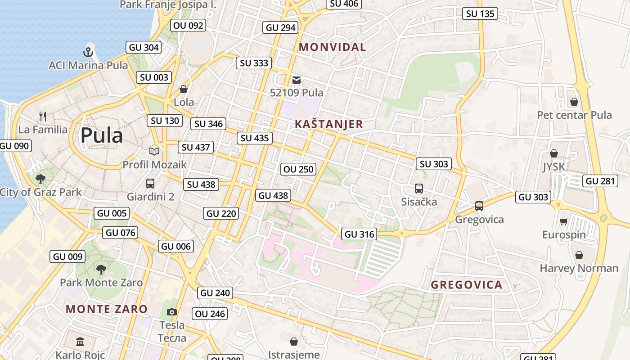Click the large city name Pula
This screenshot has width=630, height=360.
pos(102,135)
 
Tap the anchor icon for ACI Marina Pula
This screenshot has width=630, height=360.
pos(88,52)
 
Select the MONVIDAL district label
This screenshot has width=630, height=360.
pos(333,47)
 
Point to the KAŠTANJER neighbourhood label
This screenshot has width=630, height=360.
pos(328,125)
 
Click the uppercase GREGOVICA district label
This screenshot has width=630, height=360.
pos(467,285)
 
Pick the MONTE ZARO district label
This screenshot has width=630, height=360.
pos(107,309)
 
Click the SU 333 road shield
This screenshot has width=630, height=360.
pos(254,63)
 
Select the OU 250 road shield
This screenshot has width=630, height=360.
pos(298,169)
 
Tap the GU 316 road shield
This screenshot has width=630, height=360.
pos(359,234)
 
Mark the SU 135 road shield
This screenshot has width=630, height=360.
pos(481,13)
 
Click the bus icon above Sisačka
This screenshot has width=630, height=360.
pos(419,189)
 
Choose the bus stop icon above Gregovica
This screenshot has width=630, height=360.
pos(479,206)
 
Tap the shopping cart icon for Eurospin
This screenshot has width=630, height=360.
pos(563,221)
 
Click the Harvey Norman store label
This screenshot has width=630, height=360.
pos(579,268)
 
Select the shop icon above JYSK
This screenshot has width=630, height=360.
pos(554,153)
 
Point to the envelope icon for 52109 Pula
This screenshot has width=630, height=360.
pos(297,80)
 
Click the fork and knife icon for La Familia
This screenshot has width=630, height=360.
pos(43,117)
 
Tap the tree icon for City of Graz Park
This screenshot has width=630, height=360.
pos(40,179)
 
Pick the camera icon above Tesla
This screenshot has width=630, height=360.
pos(171,312)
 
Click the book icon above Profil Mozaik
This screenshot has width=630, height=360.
pos(154,151)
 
